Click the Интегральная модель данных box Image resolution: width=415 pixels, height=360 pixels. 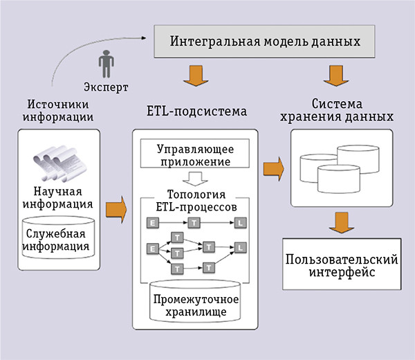pos(266,42)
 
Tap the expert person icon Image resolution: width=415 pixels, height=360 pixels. pos(107,64)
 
